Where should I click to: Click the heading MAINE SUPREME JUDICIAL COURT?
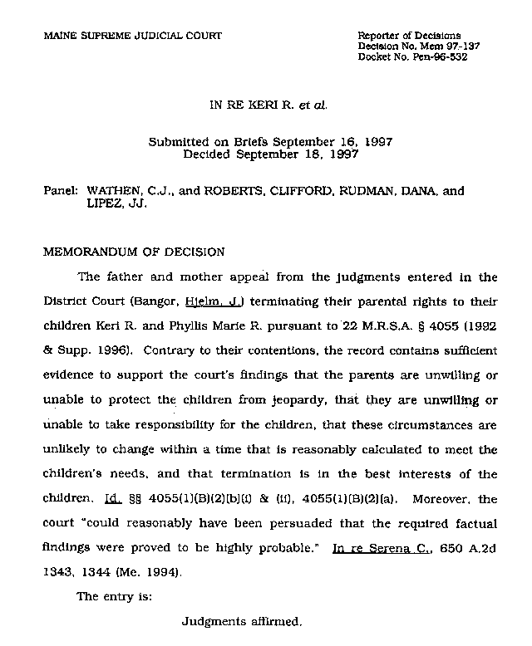coord(133,35)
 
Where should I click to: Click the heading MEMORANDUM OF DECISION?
coord(133,252)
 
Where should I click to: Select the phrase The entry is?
coord(109,595)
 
